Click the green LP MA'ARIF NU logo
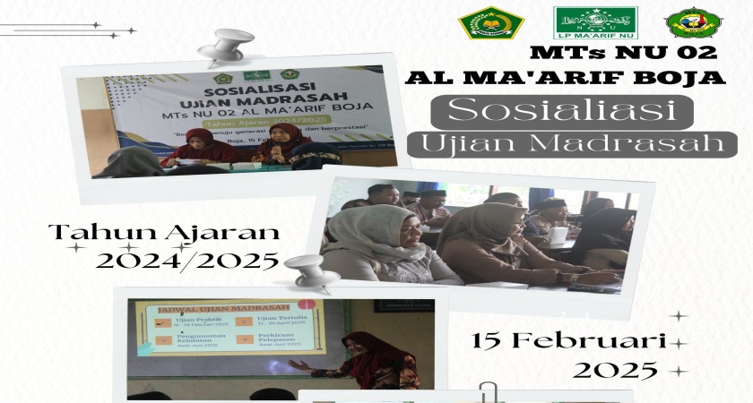(595, 22)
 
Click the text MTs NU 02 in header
(625, 53)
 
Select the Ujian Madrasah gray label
(573, 143)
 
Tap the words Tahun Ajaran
(163, 233)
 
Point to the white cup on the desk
(558, 236)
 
